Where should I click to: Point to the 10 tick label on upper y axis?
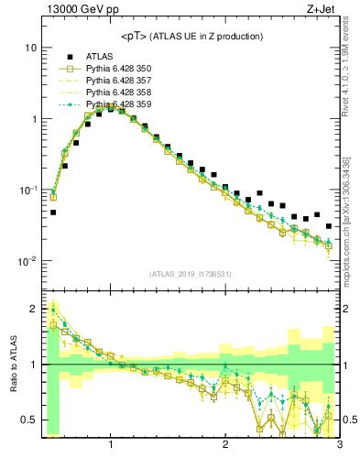[29, 48]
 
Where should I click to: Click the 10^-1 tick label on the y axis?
[27, 190]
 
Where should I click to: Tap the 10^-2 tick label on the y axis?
[27, 261]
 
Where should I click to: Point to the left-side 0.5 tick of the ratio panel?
[27, 420]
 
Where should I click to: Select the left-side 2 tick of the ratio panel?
[32, 309]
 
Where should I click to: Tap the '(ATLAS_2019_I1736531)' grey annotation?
[191, 274]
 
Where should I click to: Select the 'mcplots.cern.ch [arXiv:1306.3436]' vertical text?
[351, 211]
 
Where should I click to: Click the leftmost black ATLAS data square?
[53, 212]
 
